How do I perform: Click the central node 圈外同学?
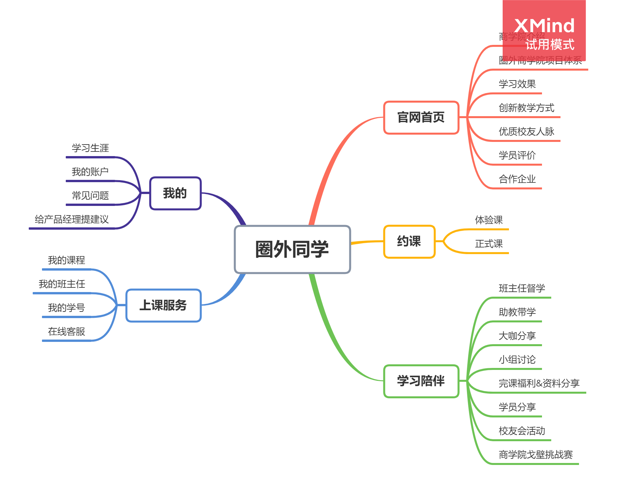[292, 249]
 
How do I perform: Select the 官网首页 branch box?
[421, 117]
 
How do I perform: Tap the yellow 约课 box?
[409, 241]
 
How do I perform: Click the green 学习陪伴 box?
[421, 381]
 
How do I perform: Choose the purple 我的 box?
[175, 193]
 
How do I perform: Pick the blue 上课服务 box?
[163, 305]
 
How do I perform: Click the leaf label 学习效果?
[517, 84]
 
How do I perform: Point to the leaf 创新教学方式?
[526, 108]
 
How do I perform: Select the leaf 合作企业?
[517, 179]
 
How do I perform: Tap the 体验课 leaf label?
[489, 220]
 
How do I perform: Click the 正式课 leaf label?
[489, 244]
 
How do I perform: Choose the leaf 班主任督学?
[522, 288]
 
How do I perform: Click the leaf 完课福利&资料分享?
[539, 383]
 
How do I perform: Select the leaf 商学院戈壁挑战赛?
[536, 455]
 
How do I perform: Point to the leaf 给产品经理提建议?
[72, 219]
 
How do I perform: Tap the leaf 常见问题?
[90, 196]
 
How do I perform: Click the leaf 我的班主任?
[62, 284]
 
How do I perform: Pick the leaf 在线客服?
[66, 332]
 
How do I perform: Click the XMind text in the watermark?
[544, 26]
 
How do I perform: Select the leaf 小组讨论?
[517, 360]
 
